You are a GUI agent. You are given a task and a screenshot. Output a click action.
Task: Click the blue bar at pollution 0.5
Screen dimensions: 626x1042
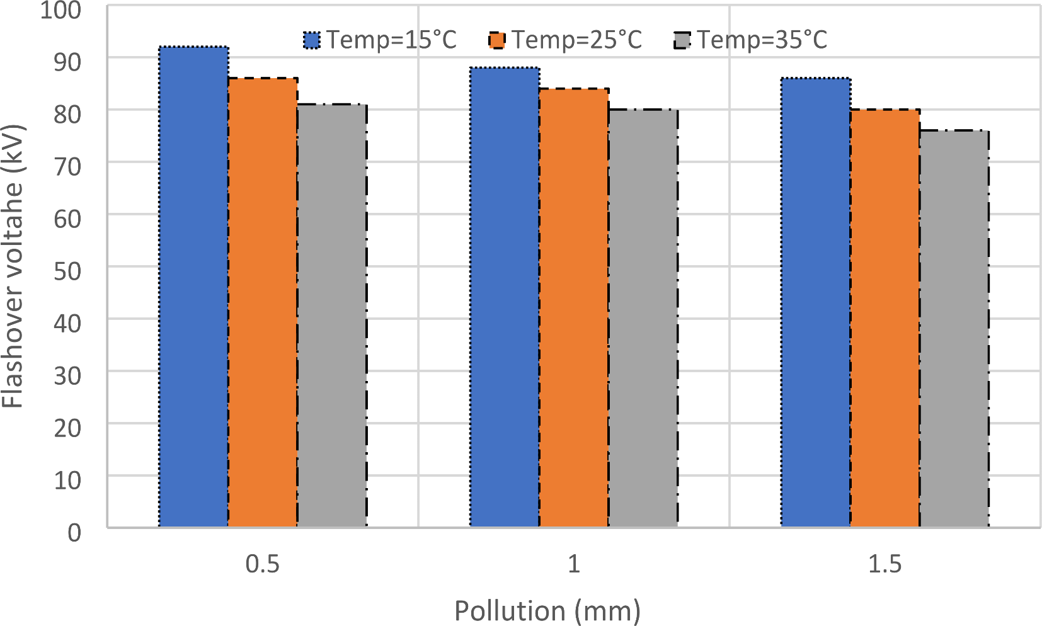point(193,287)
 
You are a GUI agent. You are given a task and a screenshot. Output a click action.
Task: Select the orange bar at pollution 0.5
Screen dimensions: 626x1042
point(263,302)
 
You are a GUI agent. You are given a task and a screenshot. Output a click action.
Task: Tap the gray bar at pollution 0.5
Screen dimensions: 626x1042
point(332,315)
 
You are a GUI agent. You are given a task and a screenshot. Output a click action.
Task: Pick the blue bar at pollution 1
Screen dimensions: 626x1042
point(505,297)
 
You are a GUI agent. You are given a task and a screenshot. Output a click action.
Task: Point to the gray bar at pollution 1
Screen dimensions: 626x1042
point(643,318)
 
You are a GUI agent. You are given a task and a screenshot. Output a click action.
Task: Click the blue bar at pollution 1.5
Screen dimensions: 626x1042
point(816,302)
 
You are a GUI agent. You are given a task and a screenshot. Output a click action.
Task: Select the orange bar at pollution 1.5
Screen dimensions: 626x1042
point(885,318)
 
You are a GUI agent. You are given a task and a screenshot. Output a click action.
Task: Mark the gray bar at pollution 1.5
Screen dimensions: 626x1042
point(954,328)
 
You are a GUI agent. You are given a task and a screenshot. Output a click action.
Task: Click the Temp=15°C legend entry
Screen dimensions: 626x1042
point(380,40)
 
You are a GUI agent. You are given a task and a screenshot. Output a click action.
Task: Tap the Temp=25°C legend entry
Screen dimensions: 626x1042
point(565,40)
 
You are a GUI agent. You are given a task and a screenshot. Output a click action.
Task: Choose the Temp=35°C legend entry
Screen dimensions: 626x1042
point(750,40)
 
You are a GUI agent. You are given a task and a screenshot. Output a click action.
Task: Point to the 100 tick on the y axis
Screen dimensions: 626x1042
point(60,10)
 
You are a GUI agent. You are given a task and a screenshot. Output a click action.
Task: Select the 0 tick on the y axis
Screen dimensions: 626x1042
point(74,533)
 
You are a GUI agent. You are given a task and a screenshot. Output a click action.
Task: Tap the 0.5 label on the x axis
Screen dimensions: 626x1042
point(262,564)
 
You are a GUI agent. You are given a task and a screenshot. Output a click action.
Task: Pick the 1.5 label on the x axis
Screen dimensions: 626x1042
point(885,564)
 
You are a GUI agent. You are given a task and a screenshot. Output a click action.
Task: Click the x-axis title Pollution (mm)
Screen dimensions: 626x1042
point(547,611)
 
